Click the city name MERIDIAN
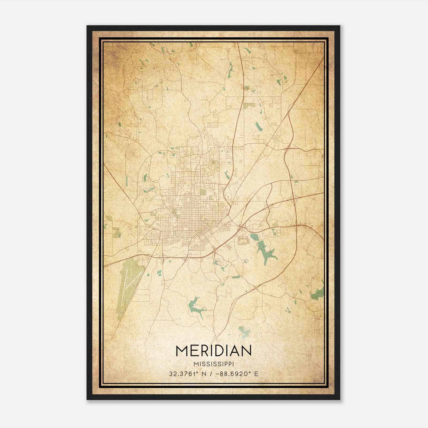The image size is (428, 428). (x=213, y=351)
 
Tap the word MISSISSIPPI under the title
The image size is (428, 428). (x=213, y=364)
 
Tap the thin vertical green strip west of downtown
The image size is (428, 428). (x=127, y=181)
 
